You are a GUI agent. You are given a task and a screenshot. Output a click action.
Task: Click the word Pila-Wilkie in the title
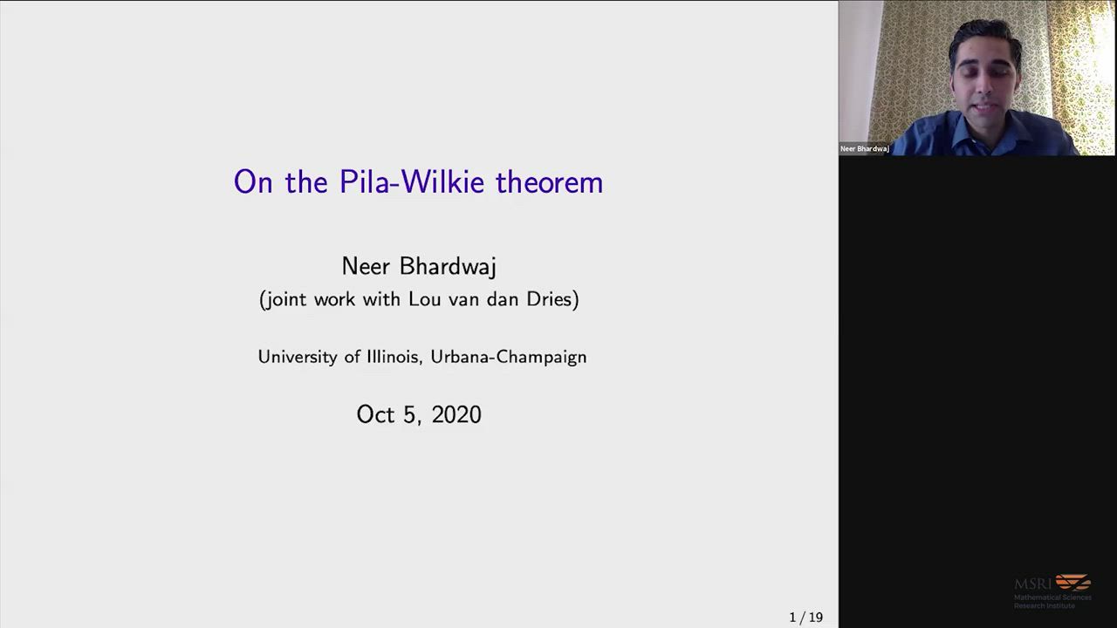point(411,181)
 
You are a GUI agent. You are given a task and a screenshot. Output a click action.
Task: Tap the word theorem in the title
point(550,181)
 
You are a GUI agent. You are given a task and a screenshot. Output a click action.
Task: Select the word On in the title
point(253,181)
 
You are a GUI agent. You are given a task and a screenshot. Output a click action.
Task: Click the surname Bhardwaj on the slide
point(448,266)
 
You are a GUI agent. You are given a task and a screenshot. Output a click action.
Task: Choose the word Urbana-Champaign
point(509,357)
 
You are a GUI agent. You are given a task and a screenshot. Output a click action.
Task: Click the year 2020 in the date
point(456,414)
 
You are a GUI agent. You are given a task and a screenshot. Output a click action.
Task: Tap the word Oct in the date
point(375,414)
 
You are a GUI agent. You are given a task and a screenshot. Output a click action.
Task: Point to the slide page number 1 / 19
point(805,617)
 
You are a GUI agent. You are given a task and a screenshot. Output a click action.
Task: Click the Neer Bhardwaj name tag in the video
point(865,148)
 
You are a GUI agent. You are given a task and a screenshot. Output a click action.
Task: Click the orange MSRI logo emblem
point(1073,581)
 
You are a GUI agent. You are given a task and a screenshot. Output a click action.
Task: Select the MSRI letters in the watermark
point(1032,584)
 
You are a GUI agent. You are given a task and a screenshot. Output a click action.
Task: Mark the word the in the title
point(306,181)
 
